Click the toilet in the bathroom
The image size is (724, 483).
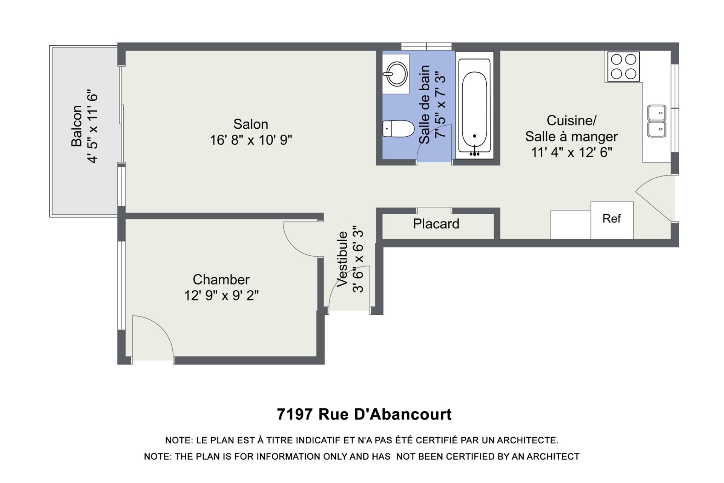pos(398,129)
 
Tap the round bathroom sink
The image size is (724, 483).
pos(396,74)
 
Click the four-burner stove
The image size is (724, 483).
pos(623,66)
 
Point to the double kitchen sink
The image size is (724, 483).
pos(657,121)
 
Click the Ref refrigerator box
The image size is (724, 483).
pos(612,220)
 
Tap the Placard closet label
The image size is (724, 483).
pos(436,224)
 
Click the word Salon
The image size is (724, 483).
pos(251,124)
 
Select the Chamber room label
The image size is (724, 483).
pos(221,280)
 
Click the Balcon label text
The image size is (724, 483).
pos(77,126)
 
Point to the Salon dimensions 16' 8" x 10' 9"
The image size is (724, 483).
pos(251,140)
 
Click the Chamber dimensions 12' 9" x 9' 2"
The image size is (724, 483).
pos(221,295)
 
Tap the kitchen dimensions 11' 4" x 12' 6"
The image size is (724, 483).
pos(572,152)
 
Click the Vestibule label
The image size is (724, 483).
pos(342,259)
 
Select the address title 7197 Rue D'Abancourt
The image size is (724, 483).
pos(364,414)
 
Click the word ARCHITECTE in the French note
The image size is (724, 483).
pos(528,440)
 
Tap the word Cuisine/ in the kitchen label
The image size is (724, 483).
pos(572,121)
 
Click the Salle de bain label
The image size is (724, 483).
pos(425,105)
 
